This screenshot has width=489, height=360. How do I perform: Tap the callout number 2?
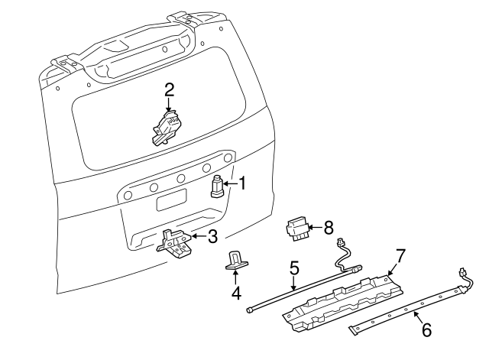click(x=169, y=90)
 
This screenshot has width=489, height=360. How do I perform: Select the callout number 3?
click(x=213, y=235)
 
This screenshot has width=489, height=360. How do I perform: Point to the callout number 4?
click(x=236, y=292)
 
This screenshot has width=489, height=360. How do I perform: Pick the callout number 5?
click(x=293, y=268)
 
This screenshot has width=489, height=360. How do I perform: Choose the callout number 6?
click(x=426, y=329)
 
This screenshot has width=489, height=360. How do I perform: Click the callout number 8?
click(x=329, y=227)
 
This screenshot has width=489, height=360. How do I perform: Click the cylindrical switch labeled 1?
click(x=218, y=187)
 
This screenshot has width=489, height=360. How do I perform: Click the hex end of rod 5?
click(x=250, y=310)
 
